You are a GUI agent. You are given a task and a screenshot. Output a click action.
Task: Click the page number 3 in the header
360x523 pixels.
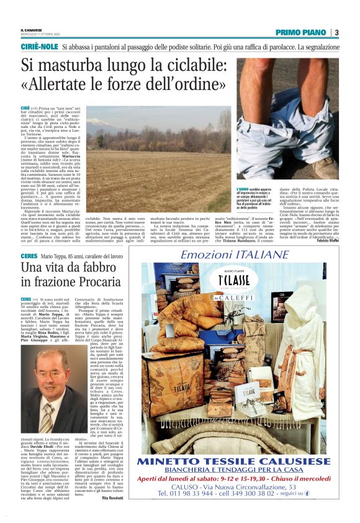click(x=336, y=32)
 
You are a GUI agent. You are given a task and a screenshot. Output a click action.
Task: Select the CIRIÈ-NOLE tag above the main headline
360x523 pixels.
click(x=39, y=47)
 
